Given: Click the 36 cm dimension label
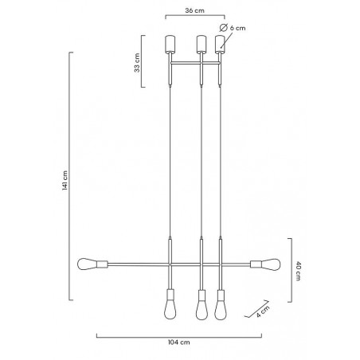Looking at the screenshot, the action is (x=195, y=10).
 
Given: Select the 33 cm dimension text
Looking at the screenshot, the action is (x=137, y=63).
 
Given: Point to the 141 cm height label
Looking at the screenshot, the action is (x=65, y=180).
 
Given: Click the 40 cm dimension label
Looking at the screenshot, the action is (x=298, y=271).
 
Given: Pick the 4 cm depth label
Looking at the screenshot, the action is (x=263, y=311).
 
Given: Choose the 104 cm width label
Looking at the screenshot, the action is (x=179, y=342).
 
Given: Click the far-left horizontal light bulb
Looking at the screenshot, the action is (x=87, y=264).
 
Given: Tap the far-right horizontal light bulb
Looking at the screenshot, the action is (x=271, y=264).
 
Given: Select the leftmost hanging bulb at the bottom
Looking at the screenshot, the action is (x=170, y=309).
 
